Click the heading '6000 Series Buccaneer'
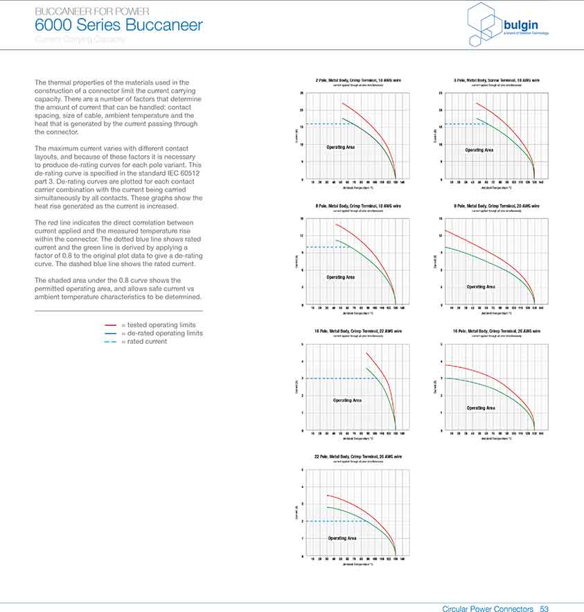click(118, 26)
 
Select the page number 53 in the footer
click(544, 609)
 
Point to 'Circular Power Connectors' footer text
click(488, 609)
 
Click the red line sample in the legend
click(111, 324)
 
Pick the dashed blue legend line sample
click(111, 341)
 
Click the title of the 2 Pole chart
click(358, 80)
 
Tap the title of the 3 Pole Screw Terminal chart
click(497, 80)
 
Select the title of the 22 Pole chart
click(358, 457)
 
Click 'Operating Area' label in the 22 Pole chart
click(342, 538)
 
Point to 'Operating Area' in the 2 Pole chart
click(340, 147)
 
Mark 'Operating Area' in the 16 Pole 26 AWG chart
click(481, 408)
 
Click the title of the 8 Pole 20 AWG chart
click(497, 206)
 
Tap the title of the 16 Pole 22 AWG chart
click(358, 331)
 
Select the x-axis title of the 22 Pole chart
click(358, 565)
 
